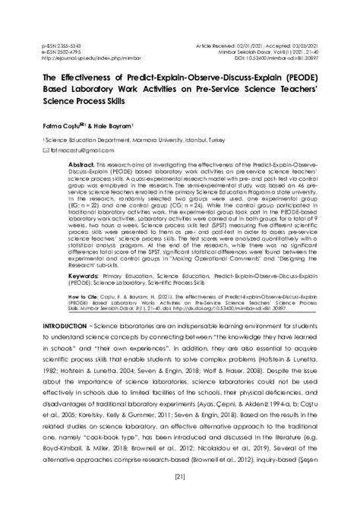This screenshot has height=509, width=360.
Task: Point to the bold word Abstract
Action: coord(81,163)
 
